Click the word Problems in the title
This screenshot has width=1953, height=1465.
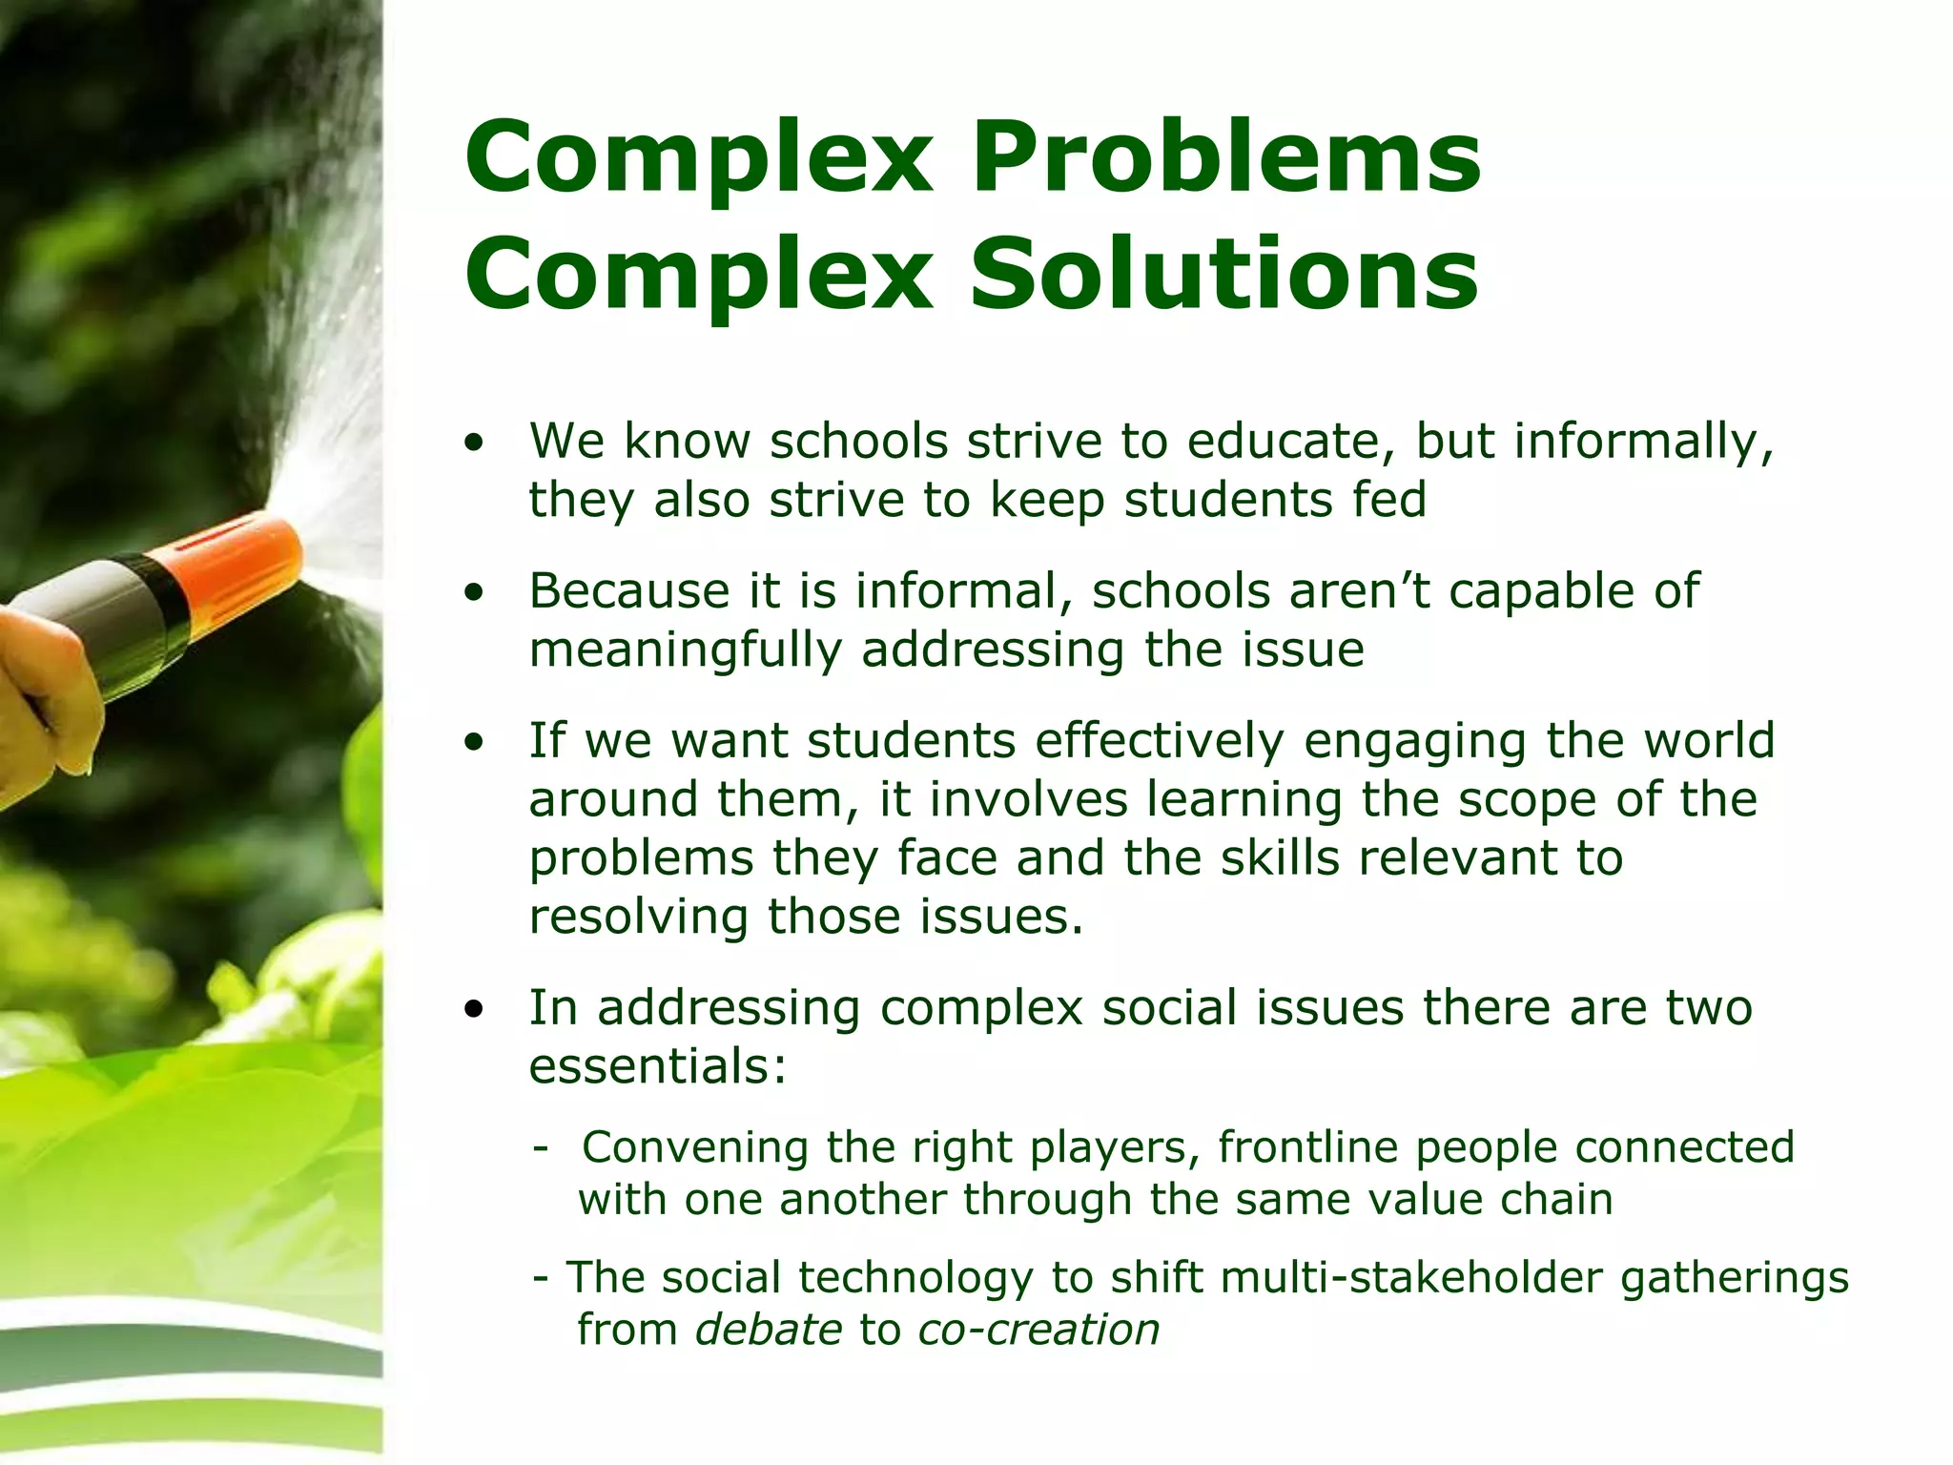coord(1225,158)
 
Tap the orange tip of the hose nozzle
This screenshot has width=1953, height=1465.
coord(243,563)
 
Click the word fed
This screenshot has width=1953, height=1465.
coord(1388,500)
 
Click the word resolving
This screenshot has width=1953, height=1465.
coord(638,917)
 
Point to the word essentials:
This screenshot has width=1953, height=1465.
coord(658,1066)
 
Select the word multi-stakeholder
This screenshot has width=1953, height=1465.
coord(1410,1278)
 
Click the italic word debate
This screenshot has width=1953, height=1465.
coord(769,1330)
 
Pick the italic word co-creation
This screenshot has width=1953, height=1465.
coord(1038,1330)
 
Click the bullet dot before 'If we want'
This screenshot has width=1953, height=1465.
coord(474,742)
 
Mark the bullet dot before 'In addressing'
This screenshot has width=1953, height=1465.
coord(474,1009)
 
